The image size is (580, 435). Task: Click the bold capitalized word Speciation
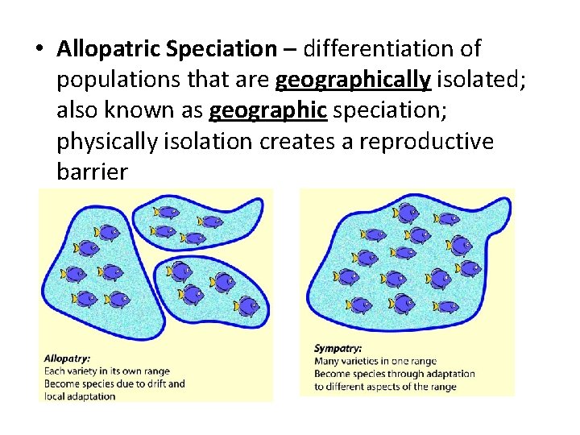[x=221, y=49]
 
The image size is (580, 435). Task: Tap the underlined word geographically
[x=352, y=81]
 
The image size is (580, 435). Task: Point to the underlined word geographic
[x=268, y=110]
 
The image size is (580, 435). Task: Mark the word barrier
[x=92, y=172]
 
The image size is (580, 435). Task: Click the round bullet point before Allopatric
[x=39, y=50]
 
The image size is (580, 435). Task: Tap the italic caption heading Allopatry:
[x=67, y=358]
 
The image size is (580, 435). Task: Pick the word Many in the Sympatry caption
[x=326, y=362]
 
